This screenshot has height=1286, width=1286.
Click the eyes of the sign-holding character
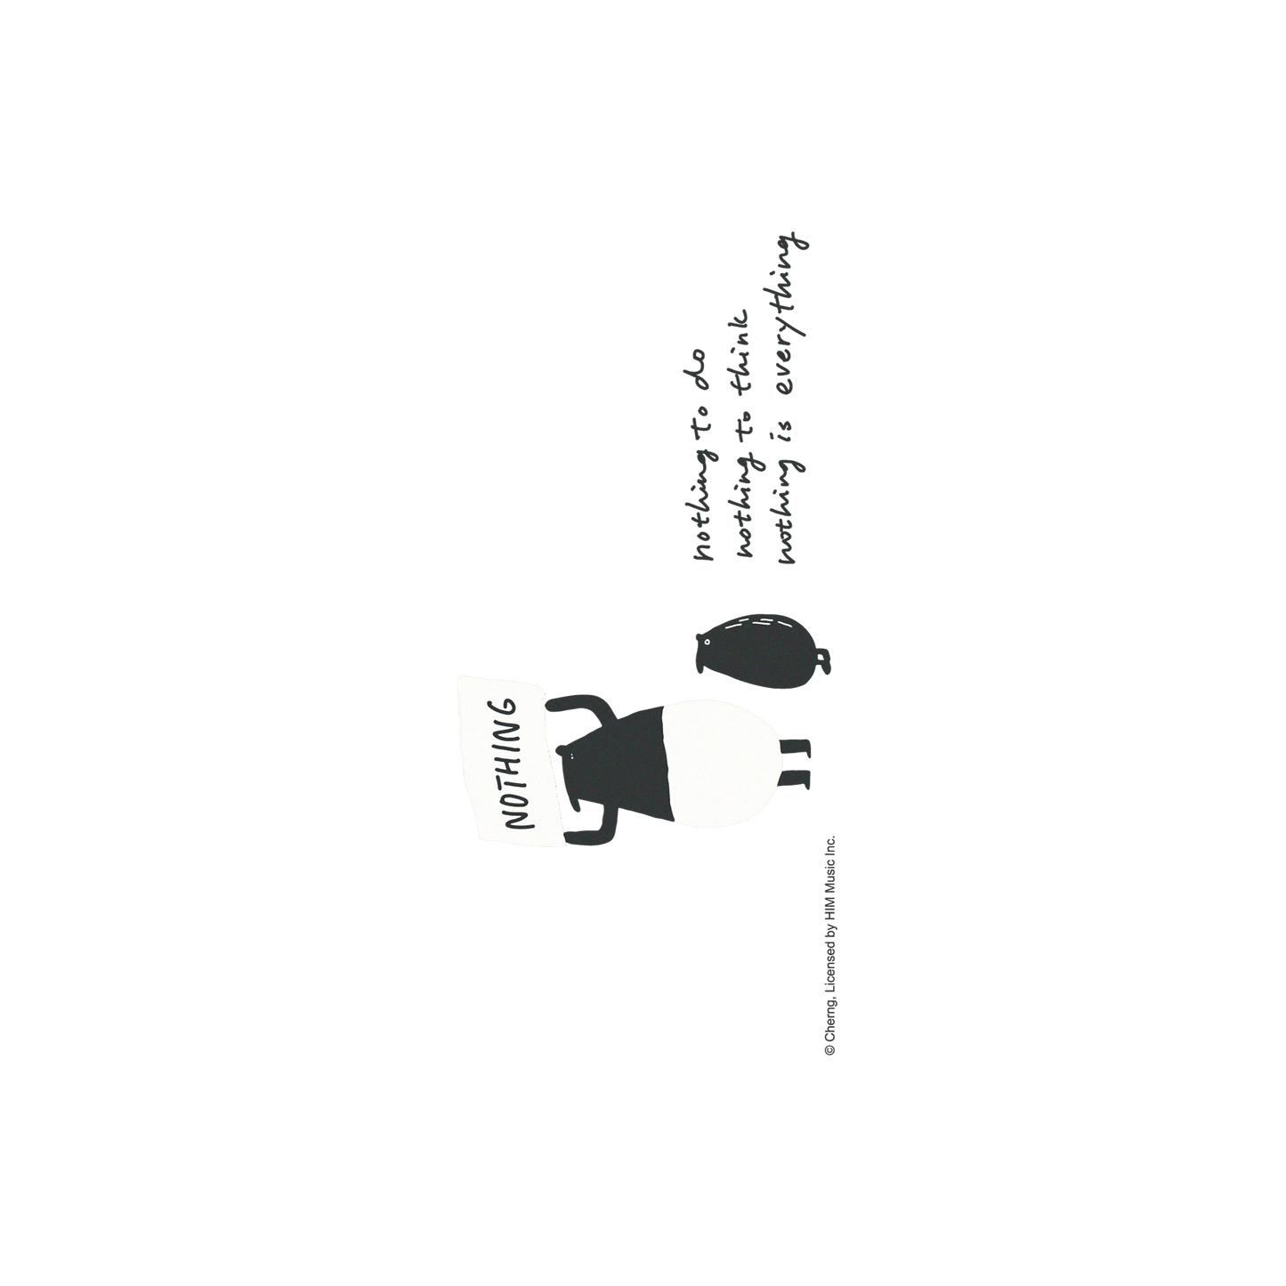pyautogui.click(x=571, y=754)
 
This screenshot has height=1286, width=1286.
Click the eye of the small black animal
pyautogui.click(x=707, y=642)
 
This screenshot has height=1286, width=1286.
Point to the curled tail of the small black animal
pyautogui.click(x=824, y=661)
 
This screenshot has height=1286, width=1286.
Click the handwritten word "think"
pyautogui.click(x=743, y=352)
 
